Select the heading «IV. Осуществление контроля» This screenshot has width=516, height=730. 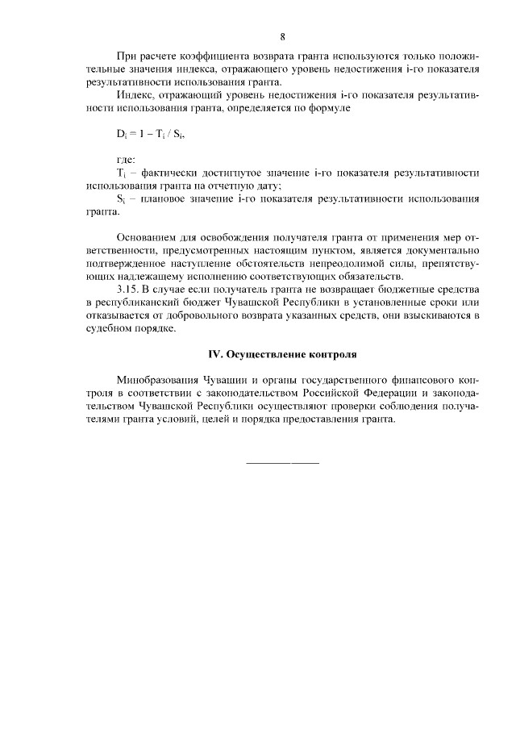click(279, 354)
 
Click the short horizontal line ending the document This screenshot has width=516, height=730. click(281, 463)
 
